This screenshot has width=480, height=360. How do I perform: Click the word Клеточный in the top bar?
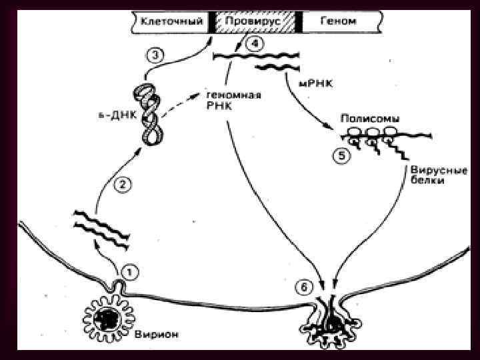(x=171, y=21)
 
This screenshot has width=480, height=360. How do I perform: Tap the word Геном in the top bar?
(x=339, y=21)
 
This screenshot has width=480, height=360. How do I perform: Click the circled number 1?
(x=130, y=271)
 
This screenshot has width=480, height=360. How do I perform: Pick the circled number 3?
(x=153, y=56)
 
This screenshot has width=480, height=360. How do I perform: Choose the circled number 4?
(x=254, y=45)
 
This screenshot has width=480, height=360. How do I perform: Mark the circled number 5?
(x=341, y=156)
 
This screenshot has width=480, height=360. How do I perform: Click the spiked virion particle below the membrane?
(x=107, y=319)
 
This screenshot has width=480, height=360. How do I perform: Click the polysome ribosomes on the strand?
(x=370, y=137)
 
